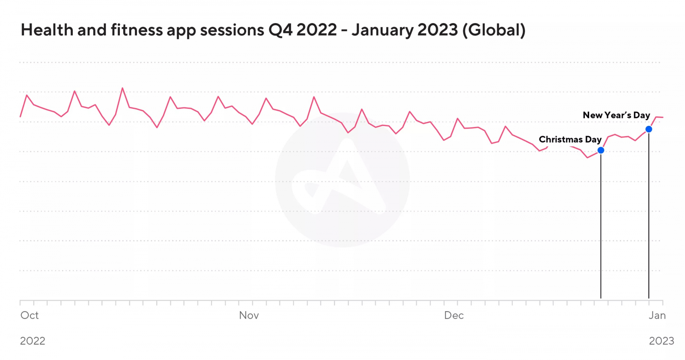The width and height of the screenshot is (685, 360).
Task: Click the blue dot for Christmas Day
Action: click(x=601, y=150)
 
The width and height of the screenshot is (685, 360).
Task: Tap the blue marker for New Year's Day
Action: click(x=649, y=129)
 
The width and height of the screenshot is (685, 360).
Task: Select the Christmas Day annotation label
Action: click(x=570, y=140)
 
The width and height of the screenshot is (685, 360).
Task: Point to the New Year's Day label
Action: click(x=616, y=115)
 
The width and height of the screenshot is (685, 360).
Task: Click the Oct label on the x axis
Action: click(x=30, y=315)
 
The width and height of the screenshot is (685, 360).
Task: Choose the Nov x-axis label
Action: click(x=249, y=315)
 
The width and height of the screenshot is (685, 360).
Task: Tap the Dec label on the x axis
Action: click(x=454, y=315)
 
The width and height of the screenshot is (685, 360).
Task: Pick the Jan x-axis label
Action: click(x=657, y=315)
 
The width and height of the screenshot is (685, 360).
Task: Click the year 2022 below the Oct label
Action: click(x=33, y=341)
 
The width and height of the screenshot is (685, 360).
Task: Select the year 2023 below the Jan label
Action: click(x=661, y=341)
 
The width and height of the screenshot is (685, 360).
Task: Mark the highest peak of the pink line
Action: click(x=122, y=88)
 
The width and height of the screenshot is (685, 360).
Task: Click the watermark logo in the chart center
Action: click(x=342, y=180)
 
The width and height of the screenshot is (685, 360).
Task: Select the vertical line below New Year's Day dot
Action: click(x=649, y=214)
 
